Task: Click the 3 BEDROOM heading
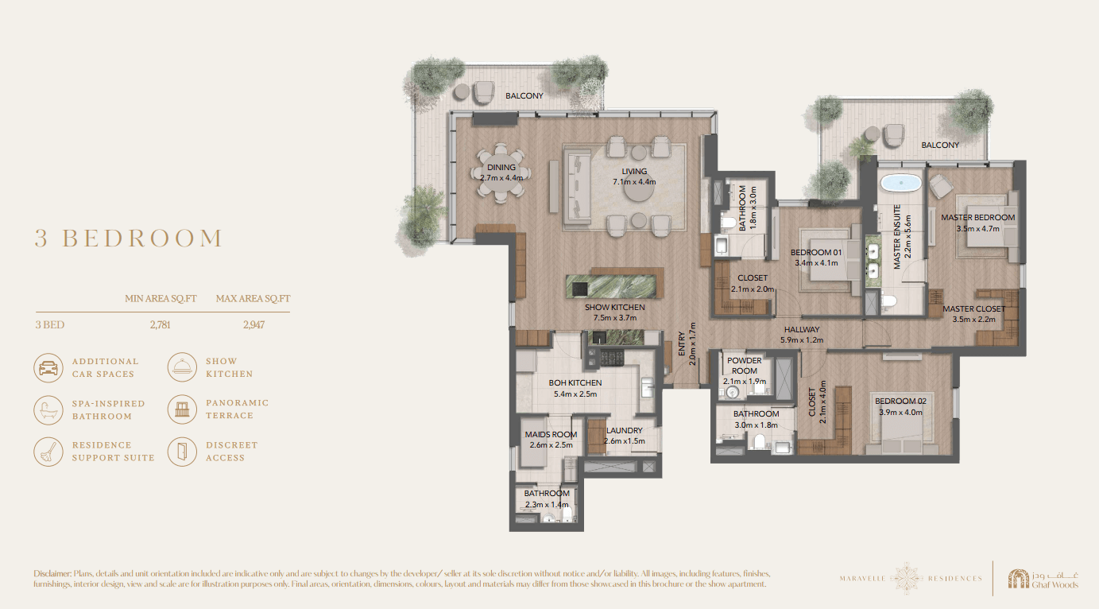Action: pos(129,238)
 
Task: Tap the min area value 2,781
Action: pos(160,325)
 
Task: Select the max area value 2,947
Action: pos(253,325)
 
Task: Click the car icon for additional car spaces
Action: pos(48,367)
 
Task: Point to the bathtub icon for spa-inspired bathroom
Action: pos(48,409)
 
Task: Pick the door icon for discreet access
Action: pos(182,452)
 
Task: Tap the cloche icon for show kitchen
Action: pos(182,367)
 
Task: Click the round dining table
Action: pos(501,173)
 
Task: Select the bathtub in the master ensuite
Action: pos(901,183)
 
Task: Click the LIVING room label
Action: pos(634,171)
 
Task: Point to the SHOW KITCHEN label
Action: pos(615,307)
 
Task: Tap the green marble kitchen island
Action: pos(611,286)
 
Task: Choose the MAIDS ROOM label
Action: pos(551,434)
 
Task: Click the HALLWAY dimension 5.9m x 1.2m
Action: pos(802,340)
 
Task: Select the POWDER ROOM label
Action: pos(745,366)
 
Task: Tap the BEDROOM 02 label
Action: pos(901,401)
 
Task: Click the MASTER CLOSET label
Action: pos(974,308)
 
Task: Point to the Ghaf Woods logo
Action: pos(1043,579)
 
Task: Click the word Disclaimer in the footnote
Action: pos(52,573)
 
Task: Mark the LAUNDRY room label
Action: pos(624,430)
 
